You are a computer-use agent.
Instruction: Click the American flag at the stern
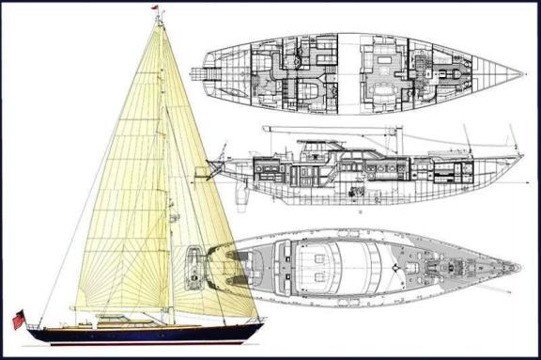pyautogui.click(x=19, y=319)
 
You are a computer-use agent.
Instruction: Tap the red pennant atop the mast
pyautogui.click(x=155, y=8)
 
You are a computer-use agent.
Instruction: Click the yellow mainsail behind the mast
pyautogui.click(x=122, y=188)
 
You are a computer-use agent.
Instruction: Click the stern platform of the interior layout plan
pyautogui.click(x=197, y=73)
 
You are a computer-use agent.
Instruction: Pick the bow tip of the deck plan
pyautogui.click(x=518, y=267)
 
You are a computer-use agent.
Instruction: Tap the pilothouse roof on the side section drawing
pyautogui.click(x=324, y=147)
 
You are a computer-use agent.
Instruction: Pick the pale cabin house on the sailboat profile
pyautogui.click(x=122, y=320)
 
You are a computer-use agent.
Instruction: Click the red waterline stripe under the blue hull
pyautogui.click(x=141, y=341)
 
